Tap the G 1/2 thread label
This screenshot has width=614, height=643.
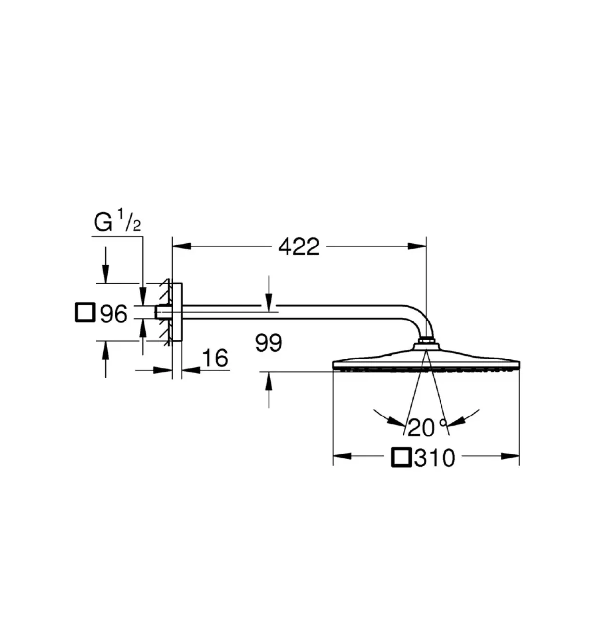click(117, 221)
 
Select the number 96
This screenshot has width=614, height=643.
click(114, 314)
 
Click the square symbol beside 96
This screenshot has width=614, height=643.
click(85, 313)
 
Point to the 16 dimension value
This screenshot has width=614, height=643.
click(215, 358)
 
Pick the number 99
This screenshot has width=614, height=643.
click(269, 343)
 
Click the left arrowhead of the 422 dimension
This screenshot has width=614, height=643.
click(181, 246)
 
